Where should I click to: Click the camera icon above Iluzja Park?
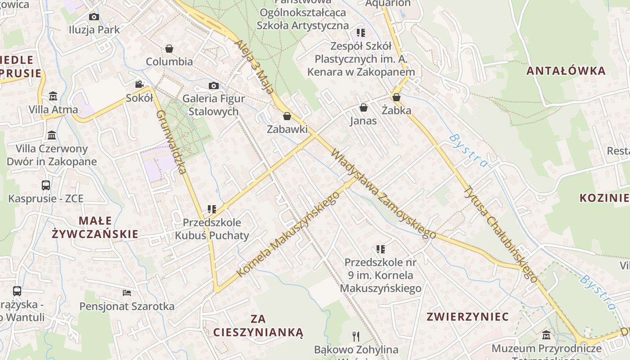click(x=94, y=17)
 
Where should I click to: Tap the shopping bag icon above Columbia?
click(x=169, y=49)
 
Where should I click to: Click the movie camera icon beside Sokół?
click(x=139, y=85)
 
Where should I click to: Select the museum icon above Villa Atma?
click(x=53, y=96)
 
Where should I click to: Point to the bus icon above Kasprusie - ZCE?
click(x=46, y=185)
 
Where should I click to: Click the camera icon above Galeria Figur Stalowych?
click(x=213, y=85)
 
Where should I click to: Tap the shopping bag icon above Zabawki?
click(x=287, y=116)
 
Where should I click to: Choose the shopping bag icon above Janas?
click(x=363, y=108)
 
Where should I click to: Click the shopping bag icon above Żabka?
click(x=396, y=97)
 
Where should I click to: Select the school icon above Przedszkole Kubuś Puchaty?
click(x=212, y=209)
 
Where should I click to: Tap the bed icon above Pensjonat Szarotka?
click(x=127, y=293)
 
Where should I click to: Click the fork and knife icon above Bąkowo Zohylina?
click(x=356, y=336)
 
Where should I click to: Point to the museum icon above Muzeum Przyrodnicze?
click(x=546, y=335)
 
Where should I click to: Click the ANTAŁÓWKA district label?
click(x=566, y=71)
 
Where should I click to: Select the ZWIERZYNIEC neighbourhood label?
click(x=468, y=316)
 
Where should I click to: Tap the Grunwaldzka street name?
click(x=171, y=142)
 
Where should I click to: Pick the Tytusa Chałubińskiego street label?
click(x=500, y=234)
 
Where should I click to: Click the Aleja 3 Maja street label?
click(x=254, y=66)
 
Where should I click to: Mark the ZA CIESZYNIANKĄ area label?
click(x=258, y=326)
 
